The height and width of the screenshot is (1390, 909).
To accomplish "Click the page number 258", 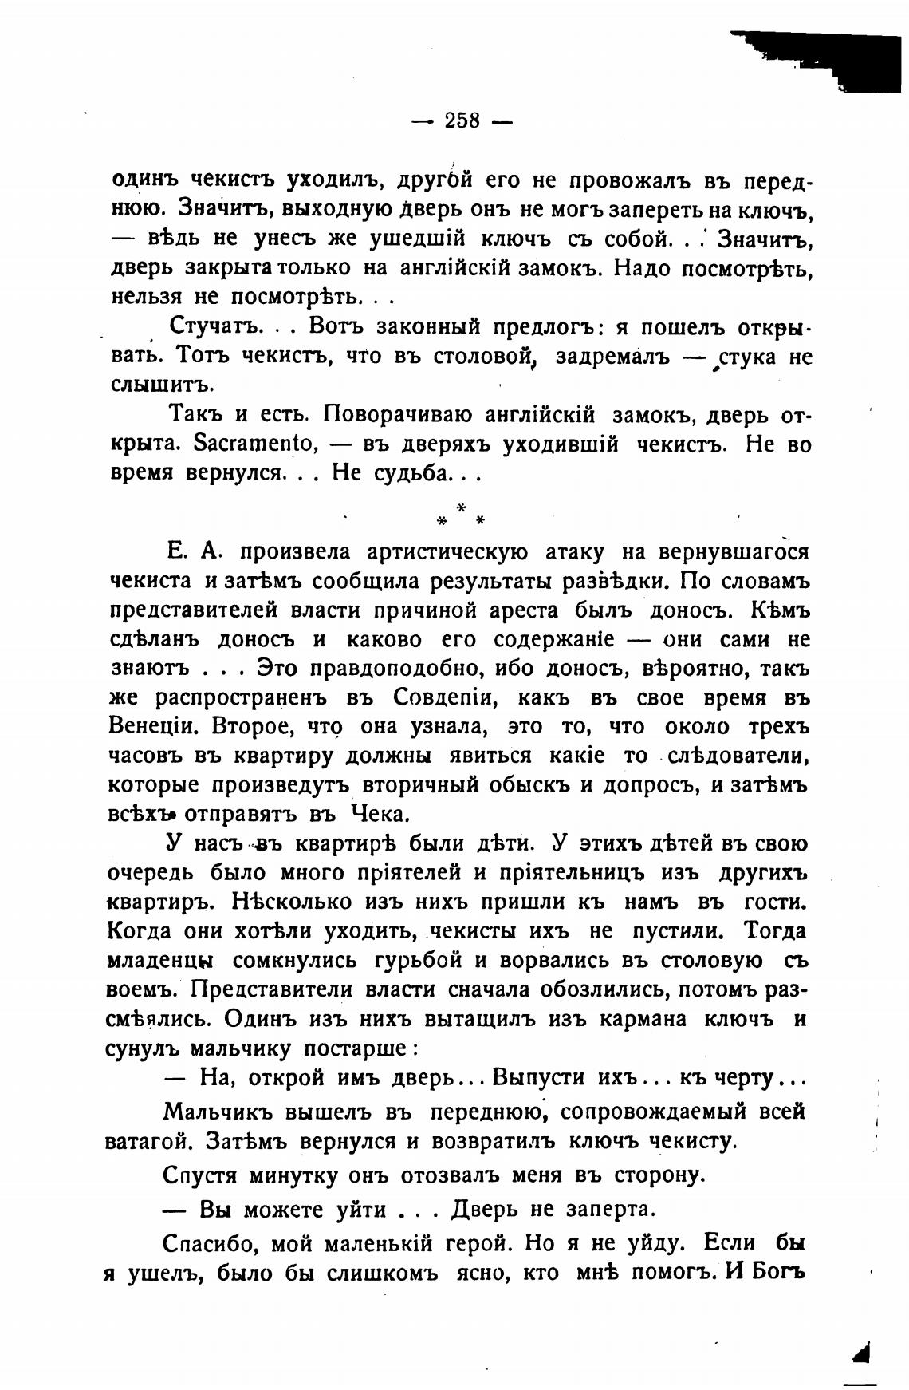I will pos(462,120).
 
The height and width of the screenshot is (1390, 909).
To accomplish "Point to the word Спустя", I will pos(203,1175).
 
